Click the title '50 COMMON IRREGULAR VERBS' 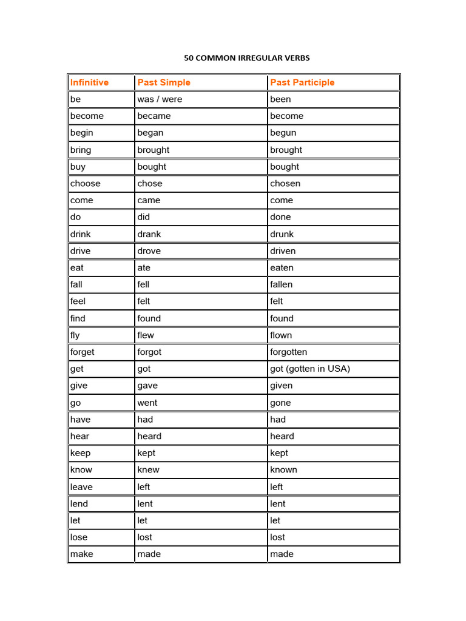(247, 58)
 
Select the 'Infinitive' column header (89, 82)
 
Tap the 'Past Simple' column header (164, 82)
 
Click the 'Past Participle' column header (302, 82)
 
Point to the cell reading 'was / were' (160, 99)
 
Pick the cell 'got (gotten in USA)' (310, 369)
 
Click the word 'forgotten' (288, 352)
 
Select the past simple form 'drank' (149, 234)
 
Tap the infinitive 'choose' (85, 184)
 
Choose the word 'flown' (281, 335)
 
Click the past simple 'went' (147, 403)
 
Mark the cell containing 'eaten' (282, 267)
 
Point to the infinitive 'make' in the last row (81, 554)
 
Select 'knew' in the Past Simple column (148, 470)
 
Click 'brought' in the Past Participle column (286, 150)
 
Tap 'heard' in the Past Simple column (149, 436)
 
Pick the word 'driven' (283, 251)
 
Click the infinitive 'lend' (79, 503)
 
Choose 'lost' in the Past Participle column (277, 537)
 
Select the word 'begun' (283, 133)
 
